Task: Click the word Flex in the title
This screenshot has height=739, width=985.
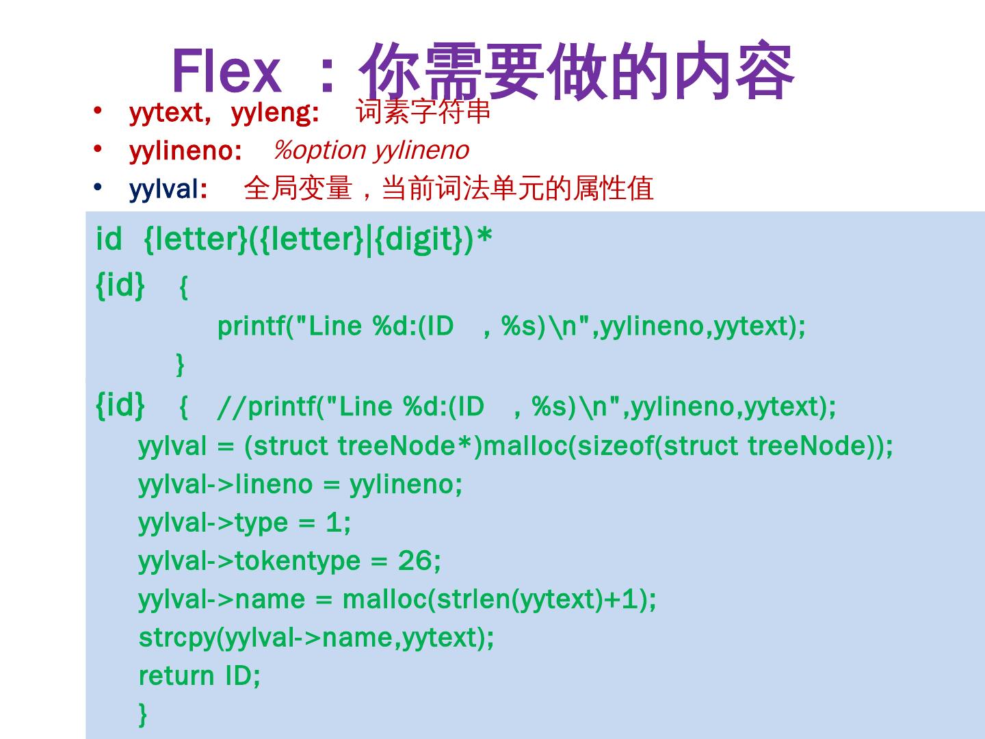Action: coord(226,71)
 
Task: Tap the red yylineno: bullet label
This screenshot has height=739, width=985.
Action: coord(185,151)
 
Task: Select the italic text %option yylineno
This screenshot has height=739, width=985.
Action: coord(371,150)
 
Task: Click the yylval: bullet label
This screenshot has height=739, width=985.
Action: coord(168,189)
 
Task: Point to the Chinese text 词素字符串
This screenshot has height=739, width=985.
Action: coord(423,112)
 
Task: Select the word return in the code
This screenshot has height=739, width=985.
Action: coord(176,676)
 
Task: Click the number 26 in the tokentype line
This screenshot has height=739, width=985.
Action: coord(415,561)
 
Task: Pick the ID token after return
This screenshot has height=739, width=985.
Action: coord(241,676)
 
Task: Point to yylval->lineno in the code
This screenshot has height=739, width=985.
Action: coord(226,484)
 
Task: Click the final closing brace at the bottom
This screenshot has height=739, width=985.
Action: coord(143,714)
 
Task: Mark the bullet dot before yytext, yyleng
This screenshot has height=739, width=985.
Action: coord(98,110)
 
